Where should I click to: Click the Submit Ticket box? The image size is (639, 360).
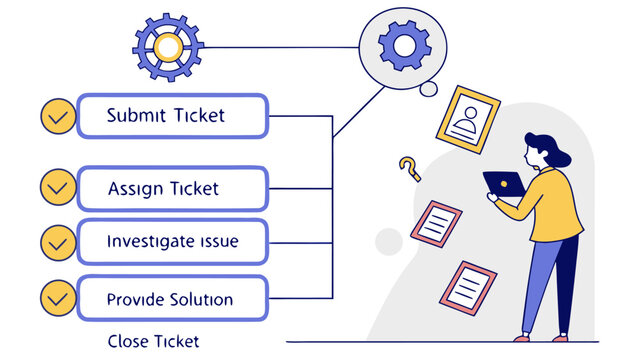click(x=172, y=116)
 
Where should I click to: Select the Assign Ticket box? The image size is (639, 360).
click(x=172, y=188)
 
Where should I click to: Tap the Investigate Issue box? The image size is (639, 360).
click(x=172, y=242)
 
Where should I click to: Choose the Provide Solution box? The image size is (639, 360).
click(x=172, y=299)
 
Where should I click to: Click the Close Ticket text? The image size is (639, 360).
click(x=153, y=341)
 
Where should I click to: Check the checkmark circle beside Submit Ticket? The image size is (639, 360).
click(x=58, y=117)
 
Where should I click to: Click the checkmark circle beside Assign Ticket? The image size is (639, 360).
click(x=58, y=187)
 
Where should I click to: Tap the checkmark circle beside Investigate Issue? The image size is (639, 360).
click(x=58, y=242)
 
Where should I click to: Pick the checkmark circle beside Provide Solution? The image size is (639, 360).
click(x=58, y=297)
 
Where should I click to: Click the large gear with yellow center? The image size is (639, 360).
click(x=168, y=47)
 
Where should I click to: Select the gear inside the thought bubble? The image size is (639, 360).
click(x=405, y=46)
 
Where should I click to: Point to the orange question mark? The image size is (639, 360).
click(x=409, y=168)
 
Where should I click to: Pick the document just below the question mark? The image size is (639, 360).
click(x=438, y=224)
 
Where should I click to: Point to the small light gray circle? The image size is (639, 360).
click(x=388, y=241)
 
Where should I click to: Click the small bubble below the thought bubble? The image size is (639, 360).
click(x=429, y=90)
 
